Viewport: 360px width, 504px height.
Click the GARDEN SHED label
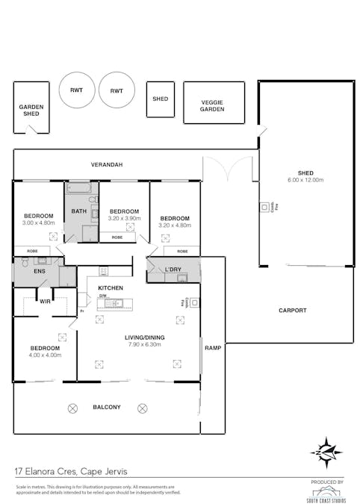pos(31,110)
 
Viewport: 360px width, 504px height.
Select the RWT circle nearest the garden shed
pos(76,90)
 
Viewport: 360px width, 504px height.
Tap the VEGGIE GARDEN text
pos(213,106)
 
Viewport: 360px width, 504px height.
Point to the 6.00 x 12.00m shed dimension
pos(305,180)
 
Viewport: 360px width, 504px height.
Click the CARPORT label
pos(293,310)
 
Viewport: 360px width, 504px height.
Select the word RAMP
pos(213,348)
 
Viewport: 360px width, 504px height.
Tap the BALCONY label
pos(107,408)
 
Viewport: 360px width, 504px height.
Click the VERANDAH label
pos(107,164)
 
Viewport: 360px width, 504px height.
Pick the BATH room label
pos(79,211)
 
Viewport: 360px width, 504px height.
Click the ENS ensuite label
pos(39,271)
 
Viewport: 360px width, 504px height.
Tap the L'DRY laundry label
pos(173,269)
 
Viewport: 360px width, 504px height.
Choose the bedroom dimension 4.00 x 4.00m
pos(45,355)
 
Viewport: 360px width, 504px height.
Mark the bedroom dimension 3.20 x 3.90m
pos(125,219)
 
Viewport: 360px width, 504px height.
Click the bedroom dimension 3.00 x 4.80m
pos(39,223)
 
